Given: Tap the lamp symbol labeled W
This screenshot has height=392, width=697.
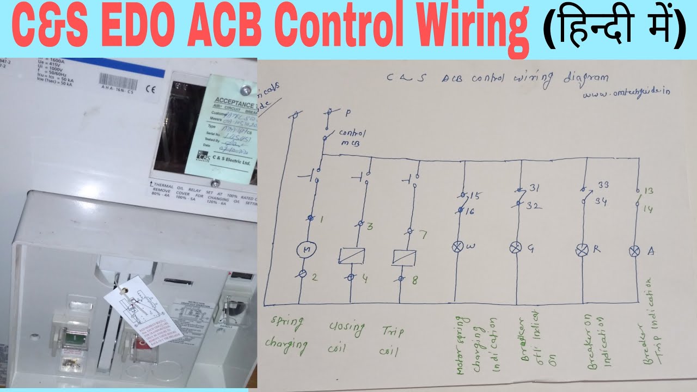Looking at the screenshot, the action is point(457,247).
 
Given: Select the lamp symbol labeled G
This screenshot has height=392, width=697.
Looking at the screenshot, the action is point(515,248).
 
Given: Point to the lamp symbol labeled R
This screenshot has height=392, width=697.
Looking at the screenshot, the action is point(582,249).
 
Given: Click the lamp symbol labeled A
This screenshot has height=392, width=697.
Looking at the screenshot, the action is point(634,250).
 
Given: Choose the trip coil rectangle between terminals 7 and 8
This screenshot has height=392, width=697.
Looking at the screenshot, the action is point(404,257).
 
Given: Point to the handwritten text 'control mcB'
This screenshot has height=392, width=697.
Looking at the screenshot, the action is point(351,137).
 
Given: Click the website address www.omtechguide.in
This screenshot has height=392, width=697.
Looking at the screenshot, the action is point(626,93).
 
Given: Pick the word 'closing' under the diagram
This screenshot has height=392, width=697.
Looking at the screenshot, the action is point(346,327).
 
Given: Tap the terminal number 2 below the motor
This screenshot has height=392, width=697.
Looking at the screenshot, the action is point(315,277).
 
